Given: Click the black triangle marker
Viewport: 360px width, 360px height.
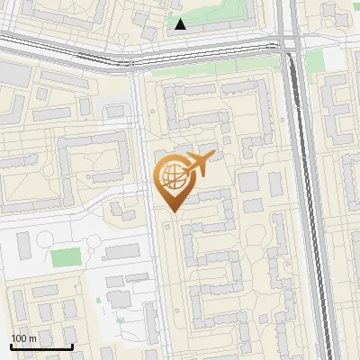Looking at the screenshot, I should click(x=181, y=24).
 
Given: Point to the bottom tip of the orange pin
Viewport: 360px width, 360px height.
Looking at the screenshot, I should click(x=173, y=212).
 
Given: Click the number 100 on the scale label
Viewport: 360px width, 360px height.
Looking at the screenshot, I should click(x=19, y=338).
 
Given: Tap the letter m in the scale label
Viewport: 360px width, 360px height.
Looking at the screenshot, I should click(x=32, y=338).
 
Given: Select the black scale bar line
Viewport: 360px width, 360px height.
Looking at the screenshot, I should click(x=41, y=346).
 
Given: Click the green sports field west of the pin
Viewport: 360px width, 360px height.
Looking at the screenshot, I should click(x=65, y=257).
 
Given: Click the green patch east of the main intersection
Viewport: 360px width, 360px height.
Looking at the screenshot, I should click(x=314, y=61).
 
